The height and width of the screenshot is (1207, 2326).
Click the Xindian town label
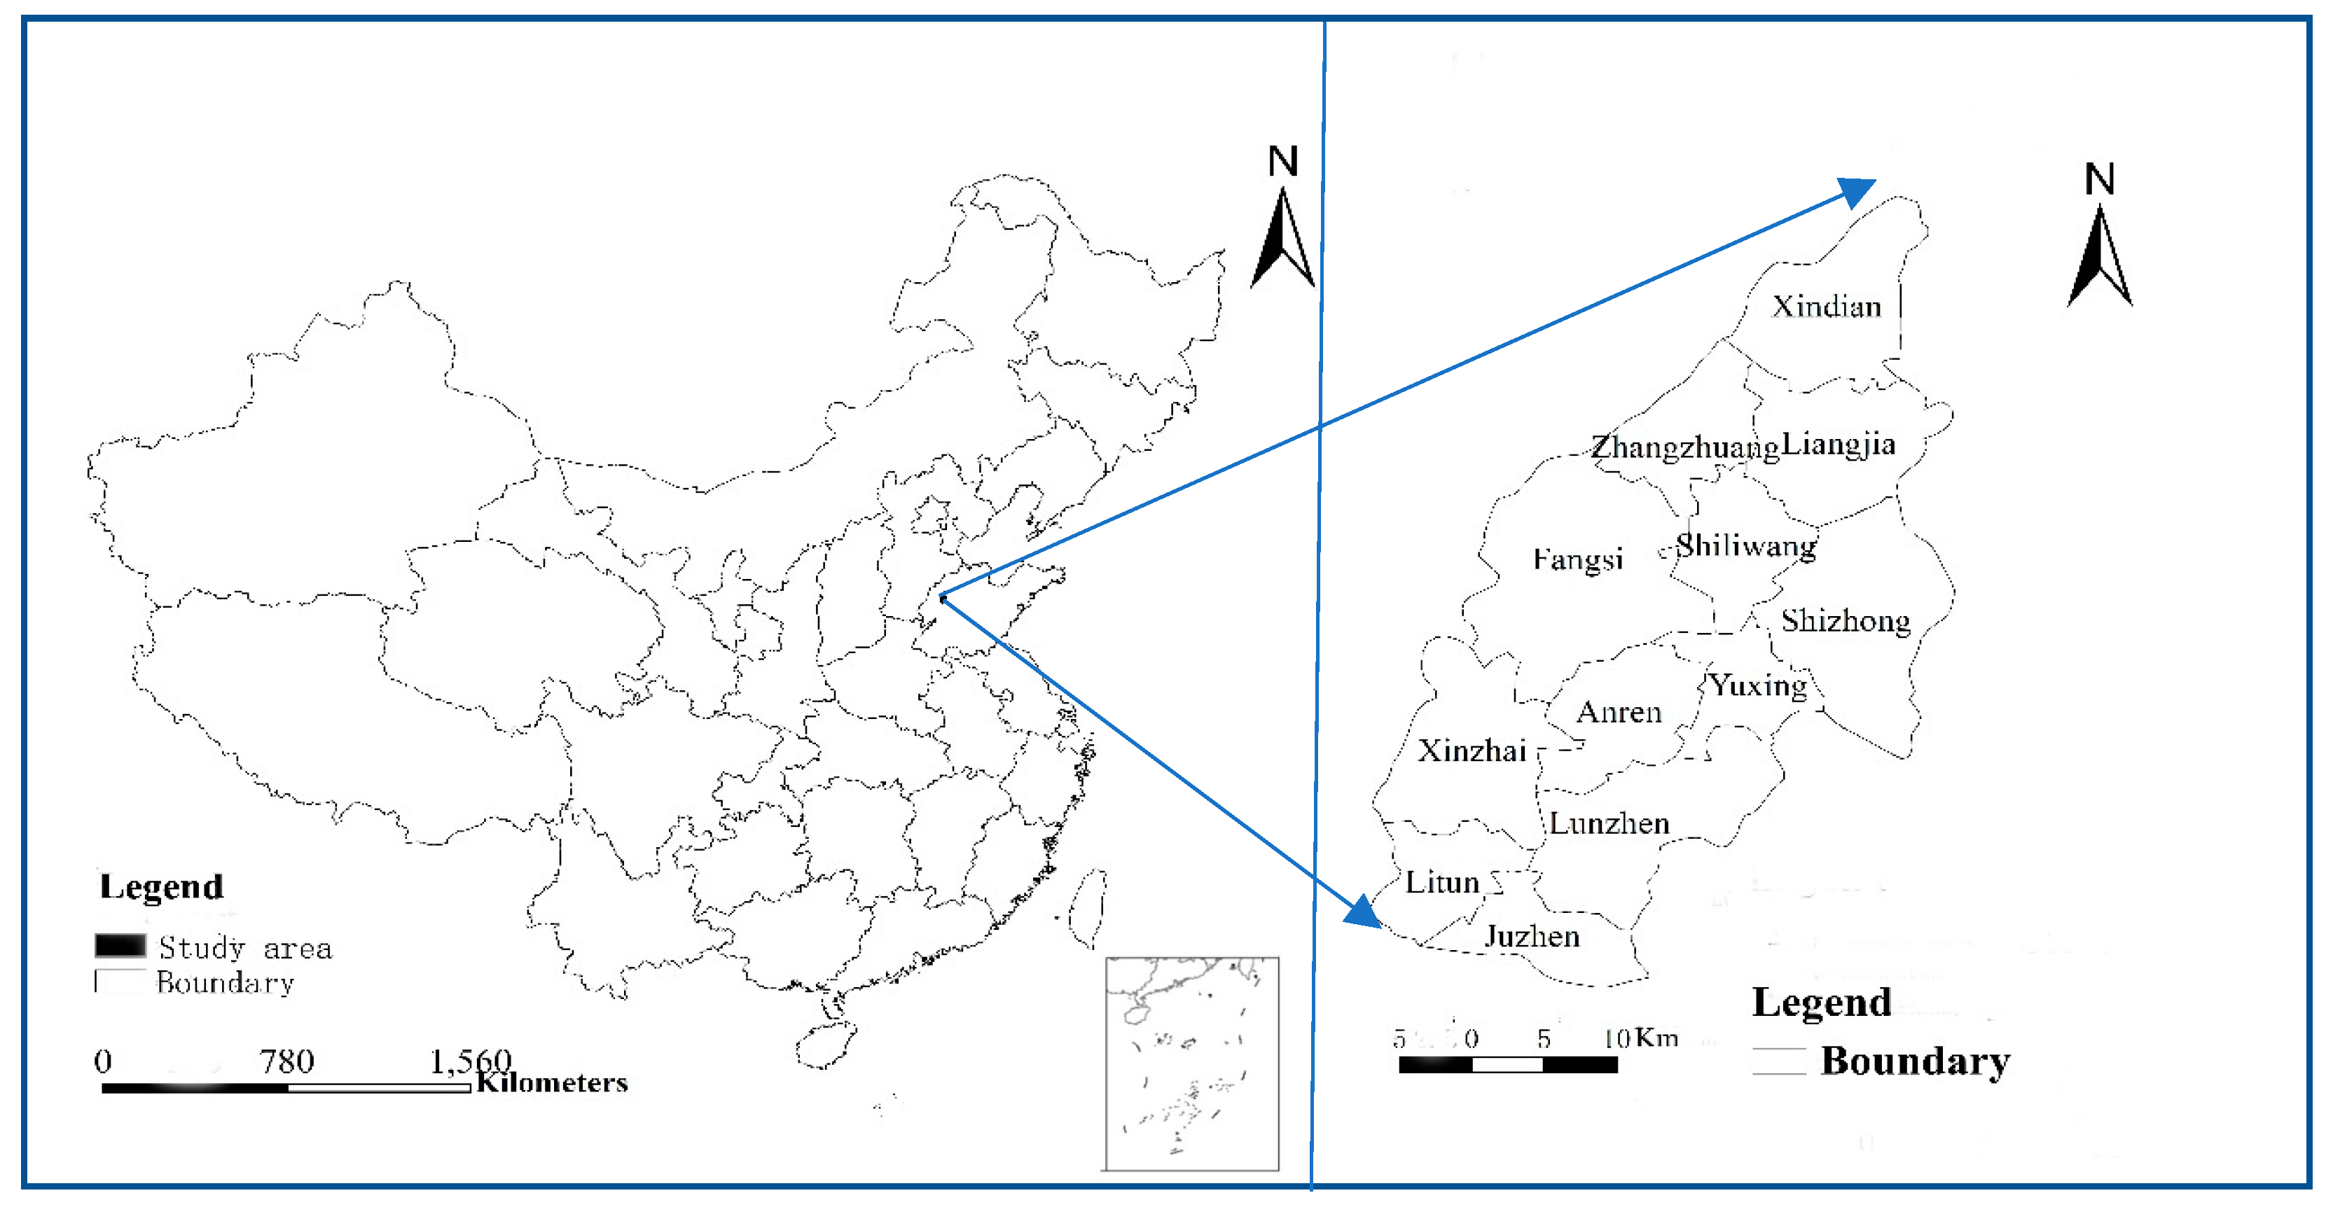click(1827, 307)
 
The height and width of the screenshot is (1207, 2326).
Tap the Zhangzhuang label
click(1684, 447)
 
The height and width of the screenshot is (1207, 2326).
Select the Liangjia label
click(1839, 444)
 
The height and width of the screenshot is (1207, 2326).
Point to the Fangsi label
click(1577, 559)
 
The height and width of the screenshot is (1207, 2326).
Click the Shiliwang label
click(1745, 545)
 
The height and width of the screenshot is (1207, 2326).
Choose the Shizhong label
click(1846, 621)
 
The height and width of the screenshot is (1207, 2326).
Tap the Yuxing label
click(1759, 685)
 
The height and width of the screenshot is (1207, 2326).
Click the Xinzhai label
click(1472, 751)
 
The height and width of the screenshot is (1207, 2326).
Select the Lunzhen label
click(1609, 823)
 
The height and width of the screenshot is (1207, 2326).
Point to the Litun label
click(1442, 882)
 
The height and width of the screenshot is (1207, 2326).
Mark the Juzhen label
click(1532, 936)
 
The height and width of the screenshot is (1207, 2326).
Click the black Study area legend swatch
click(120, 945)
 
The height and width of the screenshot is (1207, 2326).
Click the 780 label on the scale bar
click(287, 1061)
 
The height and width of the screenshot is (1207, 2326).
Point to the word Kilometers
click(552, 1082)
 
